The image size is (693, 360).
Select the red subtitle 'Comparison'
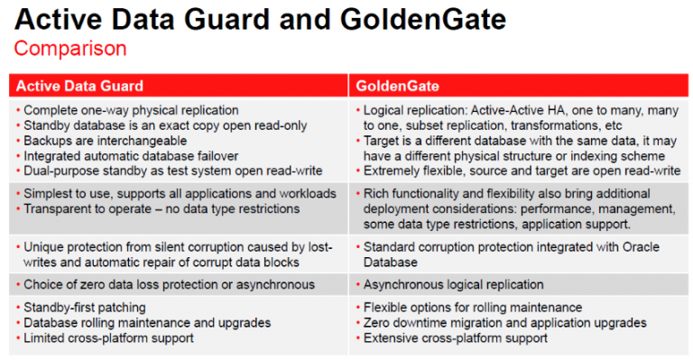click(70, 48)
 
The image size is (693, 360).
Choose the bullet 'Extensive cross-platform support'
click(455, 338)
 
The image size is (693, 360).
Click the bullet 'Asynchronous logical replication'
click(453, 284)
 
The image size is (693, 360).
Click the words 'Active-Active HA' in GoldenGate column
click(516, 110)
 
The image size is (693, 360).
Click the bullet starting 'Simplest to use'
click(178, 194)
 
